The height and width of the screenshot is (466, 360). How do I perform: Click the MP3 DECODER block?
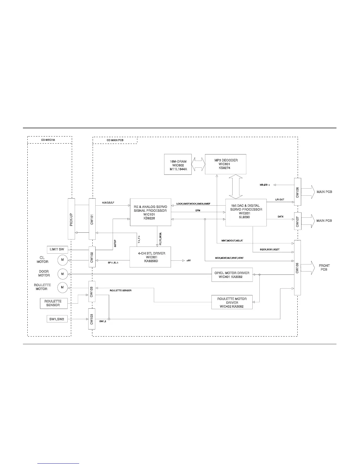225,164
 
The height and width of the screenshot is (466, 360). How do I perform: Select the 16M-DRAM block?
178,164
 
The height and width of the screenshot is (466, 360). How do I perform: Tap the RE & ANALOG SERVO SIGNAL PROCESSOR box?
150,212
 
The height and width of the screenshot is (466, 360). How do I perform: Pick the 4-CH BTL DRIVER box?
150,257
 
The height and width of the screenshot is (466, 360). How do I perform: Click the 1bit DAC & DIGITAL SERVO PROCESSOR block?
246,213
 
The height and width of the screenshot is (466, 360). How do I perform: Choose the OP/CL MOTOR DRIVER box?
232,275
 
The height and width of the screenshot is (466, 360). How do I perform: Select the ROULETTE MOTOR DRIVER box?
232,302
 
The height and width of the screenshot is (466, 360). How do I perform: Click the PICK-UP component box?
71,219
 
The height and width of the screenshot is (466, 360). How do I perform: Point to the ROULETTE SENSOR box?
54,303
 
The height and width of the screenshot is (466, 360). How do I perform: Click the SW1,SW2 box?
57,319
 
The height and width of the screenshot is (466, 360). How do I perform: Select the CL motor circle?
62,259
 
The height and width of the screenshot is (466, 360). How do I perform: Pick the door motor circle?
62,274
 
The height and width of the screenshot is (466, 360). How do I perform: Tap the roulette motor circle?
62,287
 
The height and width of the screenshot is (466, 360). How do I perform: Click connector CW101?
92,219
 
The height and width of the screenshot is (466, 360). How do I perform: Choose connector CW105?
297,268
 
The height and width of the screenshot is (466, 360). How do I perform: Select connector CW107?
297,221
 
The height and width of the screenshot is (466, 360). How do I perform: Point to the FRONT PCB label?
324,267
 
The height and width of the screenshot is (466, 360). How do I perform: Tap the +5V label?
189,261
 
